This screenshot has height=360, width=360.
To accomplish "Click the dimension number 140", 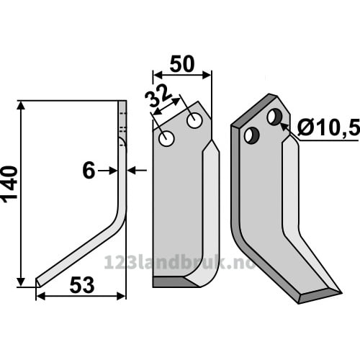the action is (x=9, y=184).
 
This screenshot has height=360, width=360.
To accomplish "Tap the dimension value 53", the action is (x=82, y=285).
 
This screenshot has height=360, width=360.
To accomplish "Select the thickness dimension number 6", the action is (x=89, y=171).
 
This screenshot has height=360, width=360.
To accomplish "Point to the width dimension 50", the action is (x=182, y=64).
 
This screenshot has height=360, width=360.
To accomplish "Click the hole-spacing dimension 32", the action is (x=158, y=96).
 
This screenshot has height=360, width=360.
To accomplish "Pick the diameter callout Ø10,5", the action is (x=329, y=127).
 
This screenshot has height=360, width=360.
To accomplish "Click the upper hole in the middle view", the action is (x=194, y=120).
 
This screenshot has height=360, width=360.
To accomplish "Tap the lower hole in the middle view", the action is (x=166, y=138).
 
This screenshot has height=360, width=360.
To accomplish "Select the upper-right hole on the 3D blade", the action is (x=275, y=117).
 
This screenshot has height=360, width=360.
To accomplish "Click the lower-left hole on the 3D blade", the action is (x=252, y=135).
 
